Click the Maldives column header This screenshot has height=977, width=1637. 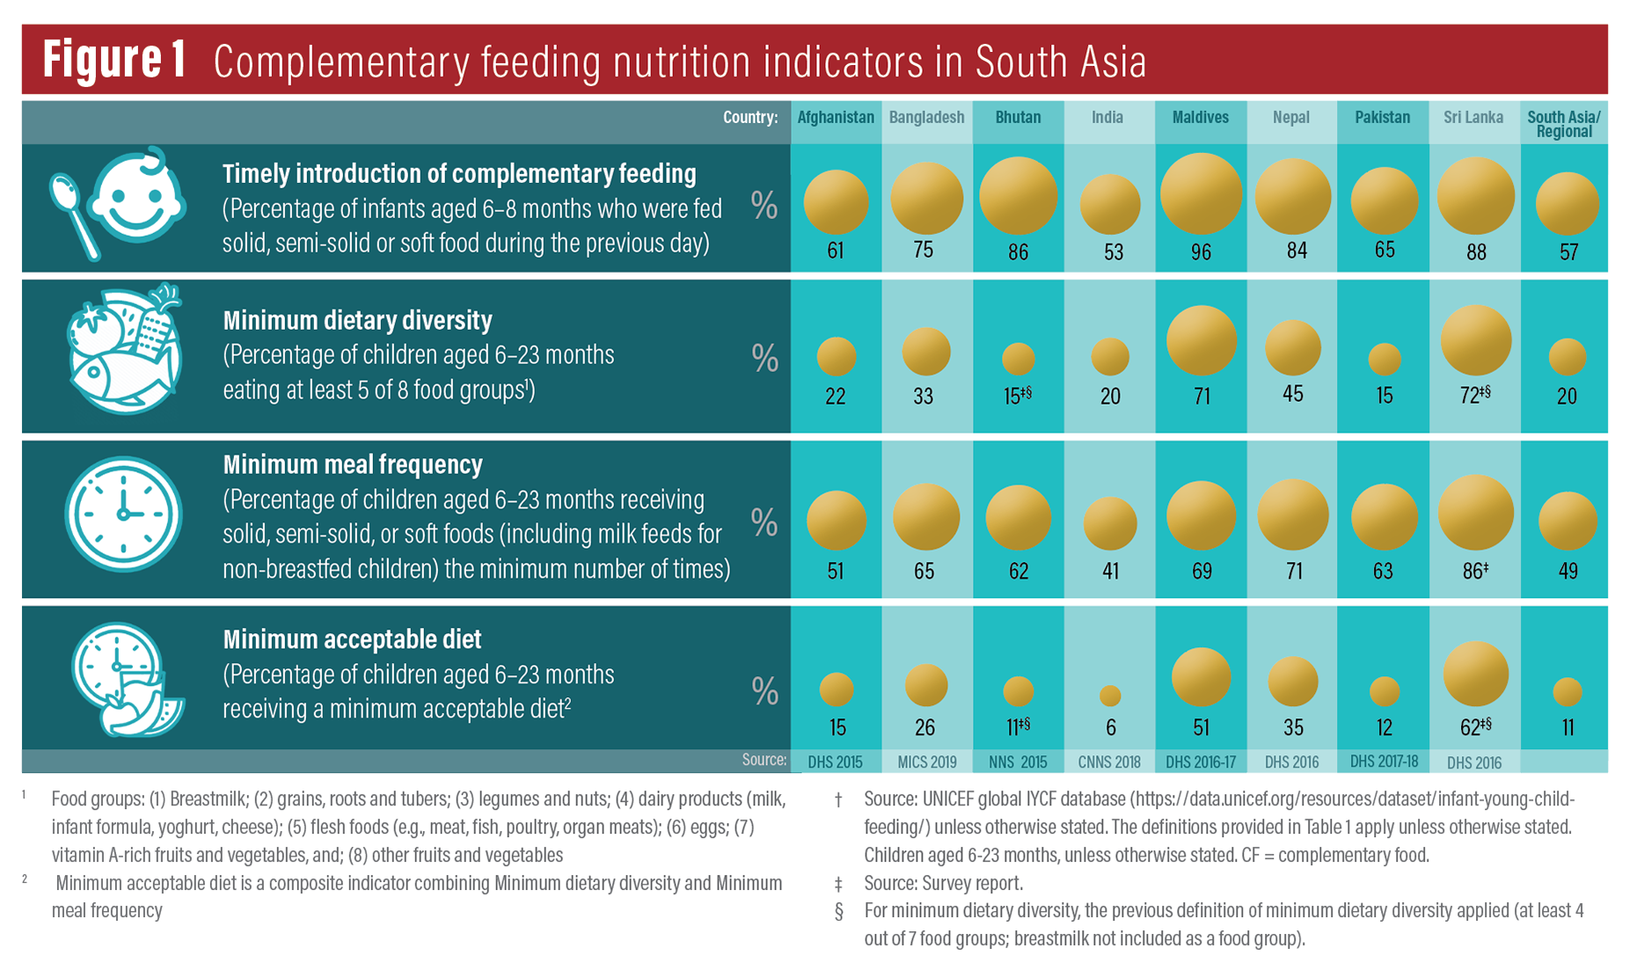1201,118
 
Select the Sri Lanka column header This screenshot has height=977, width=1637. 1473,118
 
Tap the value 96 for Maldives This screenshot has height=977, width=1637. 1201,252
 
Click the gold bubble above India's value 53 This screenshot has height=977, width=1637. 1110,204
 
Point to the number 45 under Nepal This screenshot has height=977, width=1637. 1292,394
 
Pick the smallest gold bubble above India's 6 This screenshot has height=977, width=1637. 1110,696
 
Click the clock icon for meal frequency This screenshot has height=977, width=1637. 123,514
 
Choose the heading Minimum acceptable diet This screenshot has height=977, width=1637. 352,639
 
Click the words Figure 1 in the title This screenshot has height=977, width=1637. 115,61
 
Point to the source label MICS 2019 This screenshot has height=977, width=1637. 926,762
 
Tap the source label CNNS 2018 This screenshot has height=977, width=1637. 1109,762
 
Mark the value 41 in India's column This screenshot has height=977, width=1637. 1110,572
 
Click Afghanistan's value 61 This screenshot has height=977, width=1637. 836,252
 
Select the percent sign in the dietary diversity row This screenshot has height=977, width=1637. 764,359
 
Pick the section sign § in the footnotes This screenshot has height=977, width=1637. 838,911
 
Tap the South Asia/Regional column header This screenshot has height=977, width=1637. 1564,124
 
